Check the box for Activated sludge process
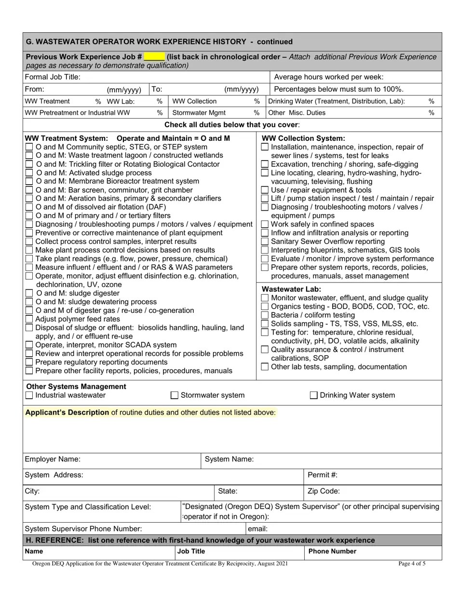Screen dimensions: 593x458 [x=29, y=173]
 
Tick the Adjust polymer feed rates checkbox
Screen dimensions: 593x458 [x=29, y=319]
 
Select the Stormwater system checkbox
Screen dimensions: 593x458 [x=175, y=395]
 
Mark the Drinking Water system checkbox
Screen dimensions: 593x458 [x=313, y=395]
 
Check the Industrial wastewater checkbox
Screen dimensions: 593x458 [x=29, y=395]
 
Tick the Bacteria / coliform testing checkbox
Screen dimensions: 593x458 [x=265, y=315]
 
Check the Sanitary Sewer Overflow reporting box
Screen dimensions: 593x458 [x=265, y=242]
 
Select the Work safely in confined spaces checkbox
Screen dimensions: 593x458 [x=265, y=224]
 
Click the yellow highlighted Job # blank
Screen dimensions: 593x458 [x=154, y=57]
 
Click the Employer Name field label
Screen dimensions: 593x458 [x=53, y=459]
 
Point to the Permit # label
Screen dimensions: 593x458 [x=323, y=475]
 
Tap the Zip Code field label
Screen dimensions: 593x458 [x=323, y=491]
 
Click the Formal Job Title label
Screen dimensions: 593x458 [x=53, y=77]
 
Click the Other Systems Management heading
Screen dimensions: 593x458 [x=76, y=387]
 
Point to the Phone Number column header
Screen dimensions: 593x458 [x=332, y=552]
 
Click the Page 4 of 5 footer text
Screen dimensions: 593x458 [x=412, y=564]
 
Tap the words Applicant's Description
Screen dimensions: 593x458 [x=67, y=413]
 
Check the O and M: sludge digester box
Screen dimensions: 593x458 [x=29, y=293]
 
